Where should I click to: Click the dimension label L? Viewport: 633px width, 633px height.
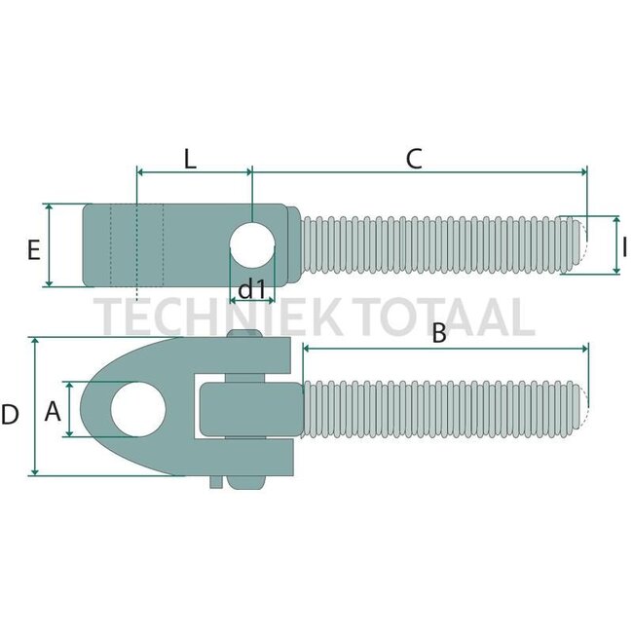click(x=190, y=159)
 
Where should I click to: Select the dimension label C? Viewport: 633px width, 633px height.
click(x=414, y=159)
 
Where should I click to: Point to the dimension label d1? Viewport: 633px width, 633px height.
click(x=252, y=288)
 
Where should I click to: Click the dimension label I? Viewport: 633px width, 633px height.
click(x=623, y=247)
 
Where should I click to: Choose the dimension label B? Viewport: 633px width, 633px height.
click(x=438, y=333)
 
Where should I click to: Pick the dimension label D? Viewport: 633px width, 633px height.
click(x=11, y=415)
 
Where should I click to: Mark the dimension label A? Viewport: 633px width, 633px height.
click(x=54, y=412)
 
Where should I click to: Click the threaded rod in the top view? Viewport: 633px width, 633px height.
click(x=438, y=245)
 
